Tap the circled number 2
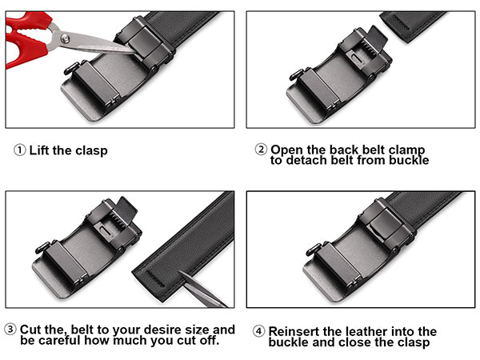tap(261, 150)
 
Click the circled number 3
tap(10, 330)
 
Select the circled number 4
tap(258, 331)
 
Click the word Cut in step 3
tap(34, 330)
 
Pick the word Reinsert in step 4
tap(295, 331)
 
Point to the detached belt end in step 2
tap(412, 26)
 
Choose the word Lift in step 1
tap(41, 150)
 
